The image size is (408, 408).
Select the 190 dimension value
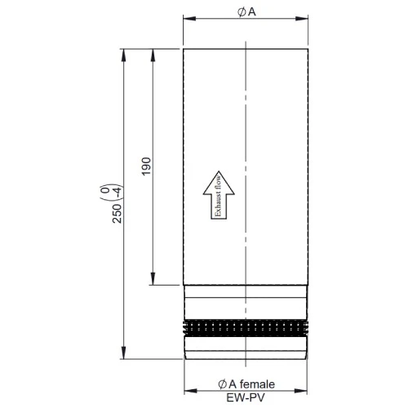146,166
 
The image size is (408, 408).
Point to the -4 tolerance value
119,192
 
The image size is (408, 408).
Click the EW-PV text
246,398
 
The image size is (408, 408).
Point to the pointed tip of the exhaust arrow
218,170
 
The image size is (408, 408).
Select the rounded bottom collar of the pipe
246,350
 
